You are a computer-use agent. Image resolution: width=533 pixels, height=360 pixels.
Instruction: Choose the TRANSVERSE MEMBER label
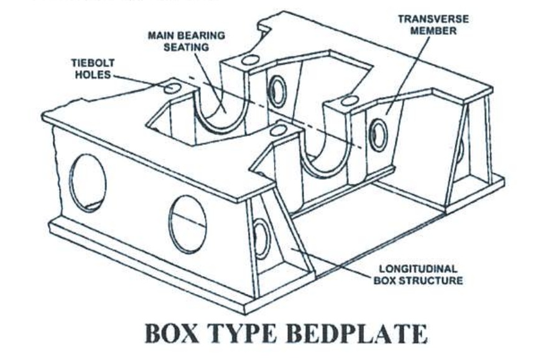coord(433,25)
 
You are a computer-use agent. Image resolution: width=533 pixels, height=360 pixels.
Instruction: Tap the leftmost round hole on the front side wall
coord(88,182)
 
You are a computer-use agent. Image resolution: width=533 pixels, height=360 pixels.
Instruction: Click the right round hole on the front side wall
coord(188,224)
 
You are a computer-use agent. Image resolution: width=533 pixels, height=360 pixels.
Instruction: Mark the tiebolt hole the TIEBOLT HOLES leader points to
coord(173,88)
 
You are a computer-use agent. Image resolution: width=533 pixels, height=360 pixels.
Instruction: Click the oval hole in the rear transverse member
coord(277,91)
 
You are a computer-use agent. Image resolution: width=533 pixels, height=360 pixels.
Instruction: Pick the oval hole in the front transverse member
coord(378,135)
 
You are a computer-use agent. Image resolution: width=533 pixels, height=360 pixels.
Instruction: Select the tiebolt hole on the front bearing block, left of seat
coord(279,130)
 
